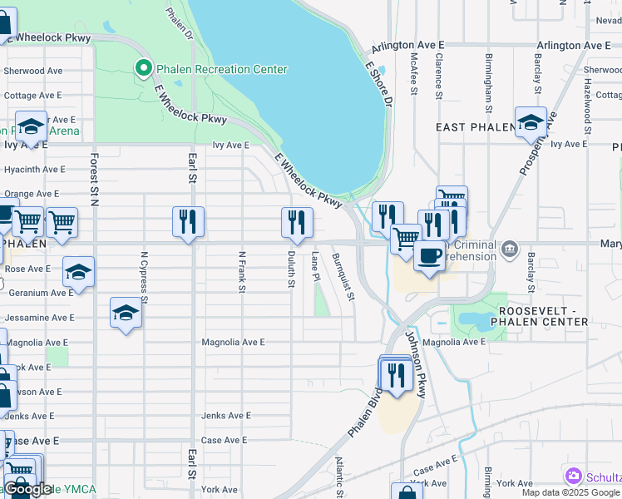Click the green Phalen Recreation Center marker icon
click(143, 69)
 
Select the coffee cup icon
click(429, 256)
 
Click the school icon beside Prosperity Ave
click(531, 123)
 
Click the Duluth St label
click(291, 270)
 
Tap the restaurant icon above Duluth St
click(296, 223)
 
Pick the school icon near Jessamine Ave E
click(126, 313)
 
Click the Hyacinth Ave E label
click(34, 169)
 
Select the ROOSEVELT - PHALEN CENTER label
click(540, 315)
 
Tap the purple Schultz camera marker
click(573, 477)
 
